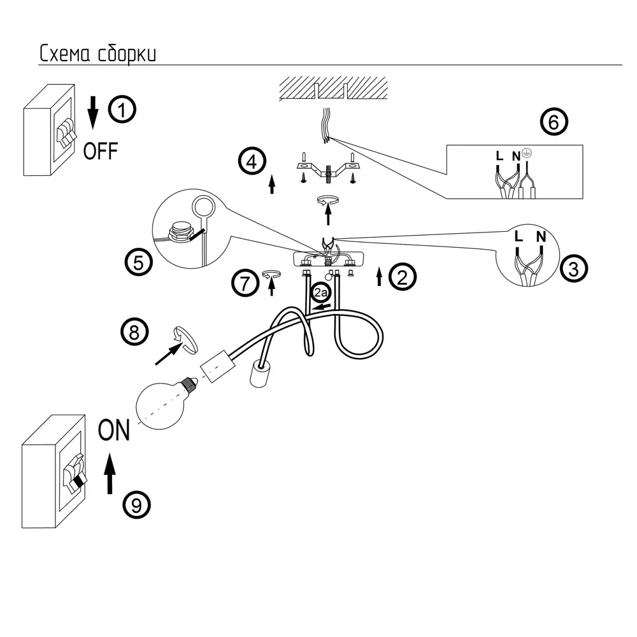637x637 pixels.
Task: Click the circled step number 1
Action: coord(122,110)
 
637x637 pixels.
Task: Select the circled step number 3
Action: coord(574,268)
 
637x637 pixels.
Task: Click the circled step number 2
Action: coord(403,276)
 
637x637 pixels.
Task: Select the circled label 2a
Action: coord(320,294)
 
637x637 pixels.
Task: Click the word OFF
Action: coord(101,151)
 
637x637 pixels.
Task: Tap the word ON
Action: coord(114,431)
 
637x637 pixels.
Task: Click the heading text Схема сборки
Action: coord(97,54)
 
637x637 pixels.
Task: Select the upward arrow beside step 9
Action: coord(110,473)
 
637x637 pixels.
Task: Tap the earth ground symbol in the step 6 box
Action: coord(526,153)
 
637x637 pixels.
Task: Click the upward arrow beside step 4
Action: coord(272,184)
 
